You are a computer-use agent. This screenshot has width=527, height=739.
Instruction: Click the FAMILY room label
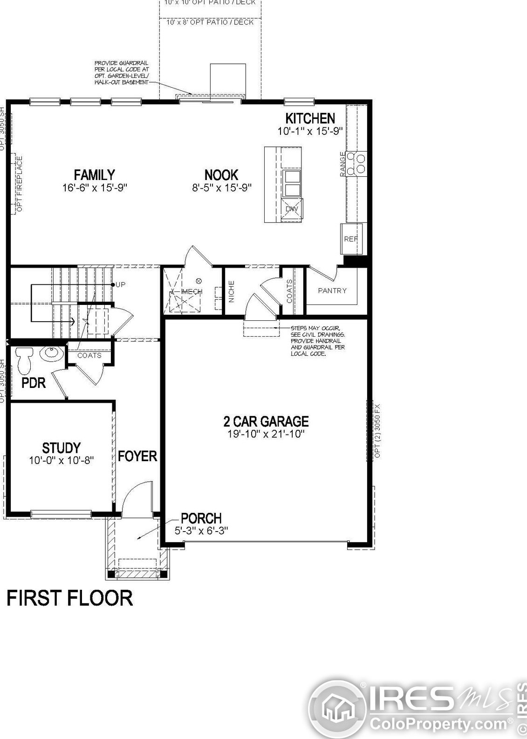[95, 175]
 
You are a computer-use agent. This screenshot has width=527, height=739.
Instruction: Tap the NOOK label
[221, 175]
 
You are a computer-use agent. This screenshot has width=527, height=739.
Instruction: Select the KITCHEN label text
[310, 118]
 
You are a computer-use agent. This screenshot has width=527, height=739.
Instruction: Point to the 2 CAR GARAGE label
[266, 421]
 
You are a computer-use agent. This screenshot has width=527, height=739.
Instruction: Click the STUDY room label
[62, 448]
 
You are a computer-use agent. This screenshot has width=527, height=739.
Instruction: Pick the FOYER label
[137, 456]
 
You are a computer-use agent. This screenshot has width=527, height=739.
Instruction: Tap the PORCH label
[201, 518]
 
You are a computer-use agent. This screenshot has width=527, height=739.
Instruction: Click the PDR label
[34, 383]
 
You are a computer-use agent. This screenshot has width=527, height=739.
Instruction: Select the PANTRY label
[332, 291]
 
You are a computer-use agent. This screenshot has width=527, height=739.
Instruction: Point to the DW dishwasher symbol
[292, 209]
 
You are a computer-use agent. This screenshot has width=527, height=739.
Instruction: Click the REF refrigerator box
[351, 239]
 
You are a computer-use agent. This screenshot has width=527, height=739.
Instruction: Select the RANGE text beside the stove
[343, 164]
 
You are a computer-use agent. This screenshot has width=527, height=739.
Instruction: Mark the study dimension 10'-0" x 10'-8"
[62, 461]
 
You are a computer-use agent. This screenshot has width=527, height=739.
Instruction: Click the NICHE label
[232, 291]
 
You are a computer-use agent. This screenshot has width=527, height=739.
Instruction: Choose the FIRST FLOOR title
[70, 598]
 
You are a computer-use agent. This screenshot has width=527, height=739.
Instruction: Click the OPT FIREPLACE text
[20, 184]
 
